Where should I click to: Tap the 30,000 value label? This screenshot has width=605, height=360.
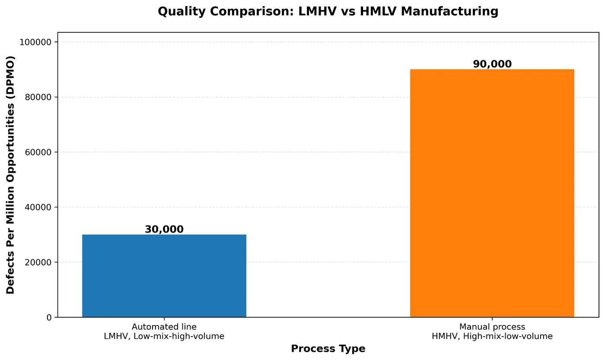(x=164, y=229)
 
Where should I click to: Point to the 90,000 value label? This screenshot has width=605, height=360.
(x=492, y=64)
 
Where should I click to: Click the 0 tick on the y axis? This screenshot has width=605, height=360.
(x=49, y=318)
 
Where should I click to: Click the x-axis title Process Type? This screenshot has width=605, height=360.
(x=328, y=349)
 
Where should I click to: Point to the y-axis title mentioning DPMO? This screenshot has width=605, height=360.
(x=10, y=175)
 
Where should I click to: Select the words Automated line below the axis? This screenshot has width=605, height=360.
(x=164, y=327)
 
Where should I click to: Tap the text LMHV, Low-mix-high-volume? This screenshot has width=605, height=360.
(x=164, y=336)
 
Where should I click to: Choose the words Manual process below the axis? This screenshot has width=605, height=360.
(x=492, y=327)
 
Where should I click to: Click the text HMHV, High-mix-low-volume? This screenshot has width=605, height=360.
(x=492, y=336)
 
